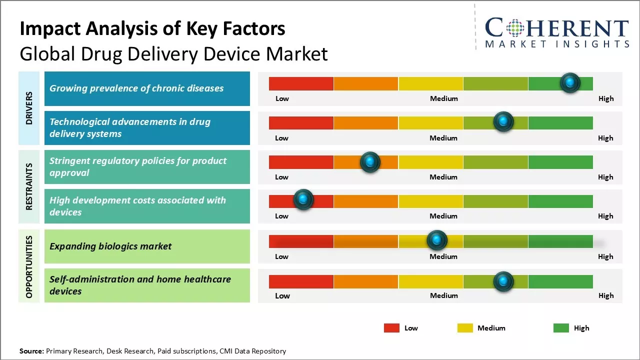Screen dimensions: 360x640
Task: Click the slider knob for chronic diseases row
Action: (570, 82)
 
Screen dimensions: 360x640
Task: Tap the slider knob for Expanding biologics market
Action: (437, 240)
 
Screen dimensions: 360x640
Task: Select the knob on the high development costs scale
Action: (303, 199)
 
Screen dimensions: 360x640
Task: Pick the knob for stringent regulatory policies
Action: (370, 161)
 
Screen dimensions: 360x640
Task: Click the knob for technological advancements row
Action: (503, 121)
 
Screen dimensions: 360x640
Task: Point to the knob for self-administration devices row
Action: (503, 281)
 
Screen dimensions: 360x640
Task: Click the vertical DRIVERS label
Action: (29, 108)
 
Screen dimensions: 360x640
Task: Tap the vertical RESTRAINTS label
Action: (29, 186)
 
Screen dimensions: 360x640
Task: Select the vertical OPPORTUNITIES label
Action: (29, 267)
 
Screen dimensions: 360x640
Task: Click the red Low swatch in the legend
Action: (391, 328)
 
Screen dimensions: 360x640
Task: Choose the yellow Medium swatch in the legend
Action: (465, 328)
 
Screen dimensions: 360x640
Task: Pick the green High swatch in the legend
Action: (561, 328)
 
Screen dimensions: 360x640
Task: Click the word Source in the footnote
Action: (31, 351)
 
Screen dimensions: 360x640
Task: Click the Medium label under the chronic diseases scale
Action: (444, 98)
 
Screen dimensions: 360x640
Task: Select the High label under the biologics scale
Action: (605, 256)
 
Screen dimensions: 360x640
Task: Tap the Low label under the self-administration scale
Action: (282, 295)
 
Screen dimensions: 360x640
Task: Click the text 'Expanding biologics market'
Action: (110, 246)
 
